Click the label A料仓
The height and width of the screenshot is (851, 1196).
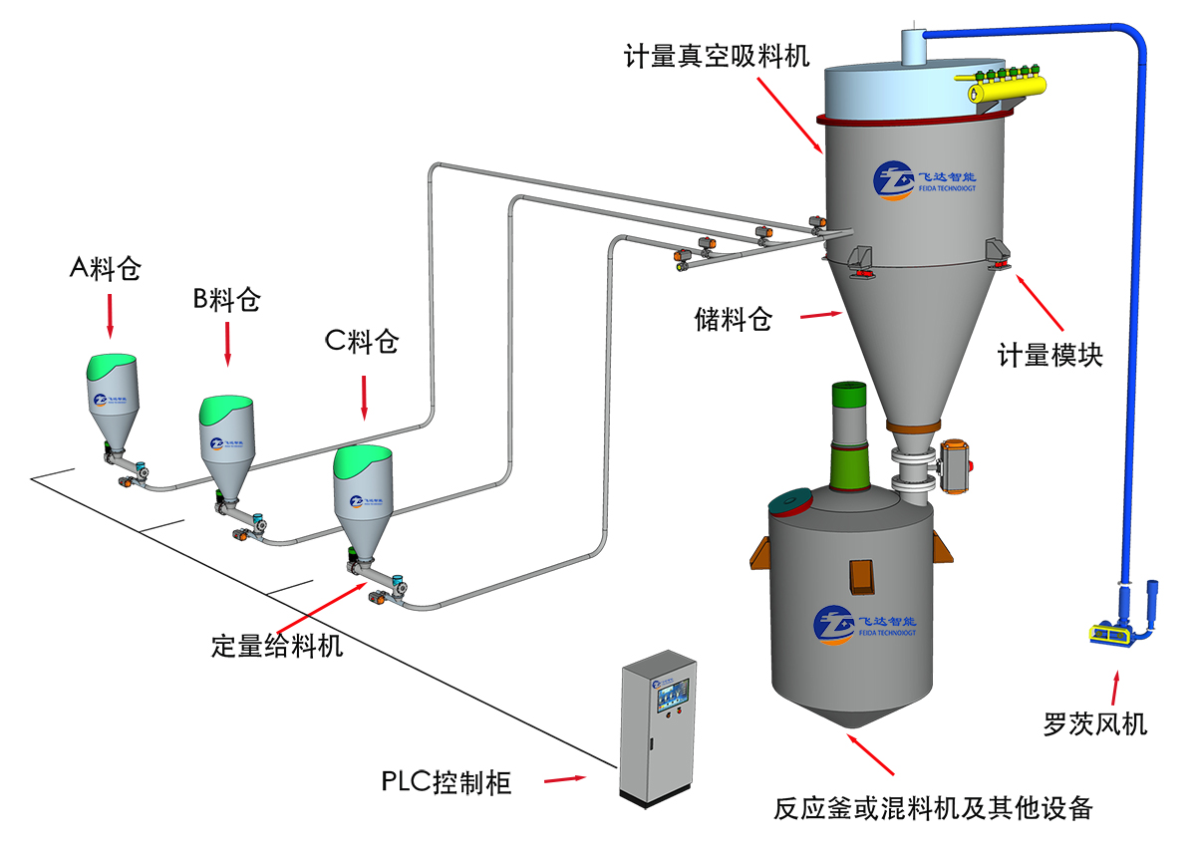106,269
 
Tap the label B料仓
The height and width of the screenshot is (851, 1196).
226,299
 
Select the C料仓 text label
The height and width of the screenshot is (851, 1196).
362,343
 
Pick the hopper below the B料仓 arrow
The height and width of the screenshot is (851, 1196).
227,438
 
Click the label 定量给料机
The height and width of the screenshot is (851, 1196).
277,646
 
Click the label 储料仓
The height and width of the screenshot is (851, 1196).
734,320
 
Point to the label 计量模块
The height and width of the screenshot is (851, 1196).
1049,355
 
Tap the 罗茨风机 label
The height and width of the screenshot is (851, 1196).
1095,723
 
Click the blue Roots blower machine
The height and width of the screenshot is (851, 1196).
1124,620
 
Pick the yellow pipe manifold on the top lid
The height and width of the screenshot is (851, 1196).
998,87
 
